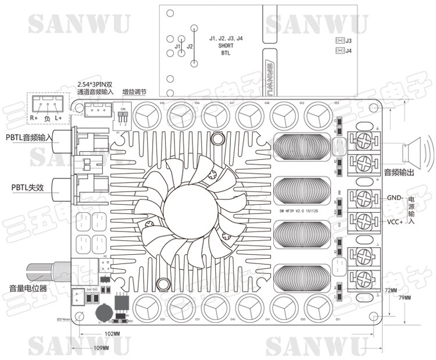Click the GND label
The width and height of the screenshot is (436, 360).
click(x=393, y=198)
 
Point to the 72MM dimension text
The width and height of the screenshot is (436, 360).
click(x=390, y=290)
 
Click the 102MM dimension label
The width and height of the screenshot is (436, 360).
click(x=112, y=334)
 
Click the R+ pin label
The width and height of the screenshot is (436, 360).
click(x=34, y=118)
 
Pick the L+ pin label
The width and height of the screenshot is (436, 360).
click(x=58, y=118)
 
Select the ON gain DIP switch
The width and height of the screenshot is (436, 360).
click(x=123, y=116)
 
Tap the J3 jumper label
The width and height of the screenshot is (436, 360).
click(x=348, y=41)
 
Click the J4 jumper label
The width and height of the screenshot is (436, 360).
click(x=348, y=51)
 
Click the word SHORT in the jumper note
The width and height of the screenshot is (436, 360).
click(x=226, y=45)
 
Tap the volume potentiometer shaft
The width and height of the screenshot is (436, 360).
click(x=44, y=272)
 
